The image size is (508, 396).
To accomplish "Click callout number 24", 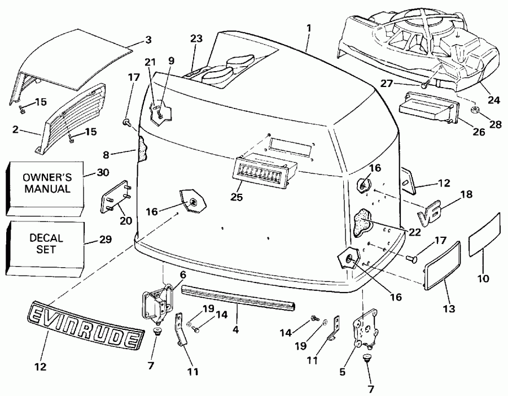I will (494, 101).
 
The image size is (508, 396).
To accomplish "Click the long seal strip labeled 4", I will (238, 297).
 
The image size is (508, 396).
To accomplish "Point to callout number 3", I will (148, 40).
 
